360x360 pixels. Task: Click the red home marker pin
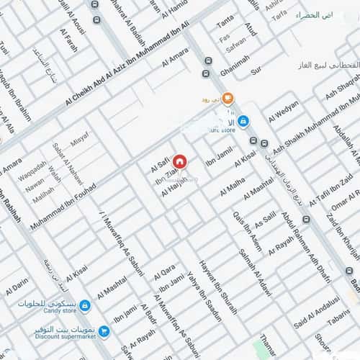[x=179, y=161]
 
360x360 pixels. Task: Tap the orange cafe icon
[x=228, y=98]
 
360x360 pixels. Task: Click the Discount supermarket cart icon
[x=104, y=331]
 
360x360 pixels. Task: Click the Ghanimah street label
[x=235, y=67]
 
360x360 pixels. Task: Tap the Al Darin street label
[x=17, y=289]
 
